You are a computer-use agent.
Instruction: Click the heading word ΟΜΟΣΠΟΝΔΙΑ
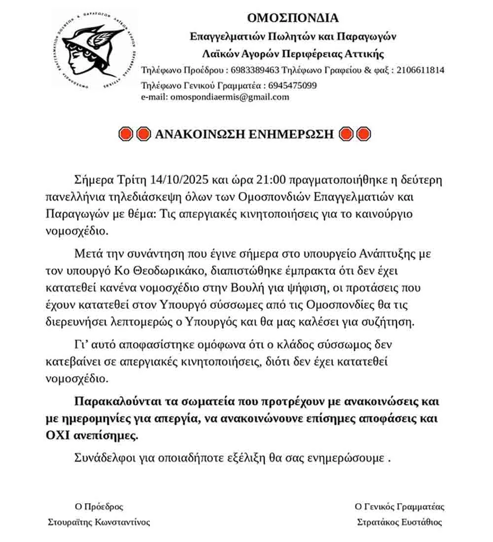click(293, 18)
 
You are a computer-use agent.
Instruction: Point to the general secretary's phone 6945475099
click(293, 85)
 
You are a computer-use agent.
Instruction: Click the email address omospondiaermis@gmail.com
click(229, 97)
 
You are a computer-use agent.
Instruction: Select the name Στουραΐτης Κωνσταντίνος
click(99, 522)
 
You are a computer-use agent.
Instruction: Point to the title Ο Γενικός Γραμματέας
click(399, 507)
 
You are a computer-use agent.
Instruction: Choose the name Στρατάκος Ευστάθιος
click(399, 522)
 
